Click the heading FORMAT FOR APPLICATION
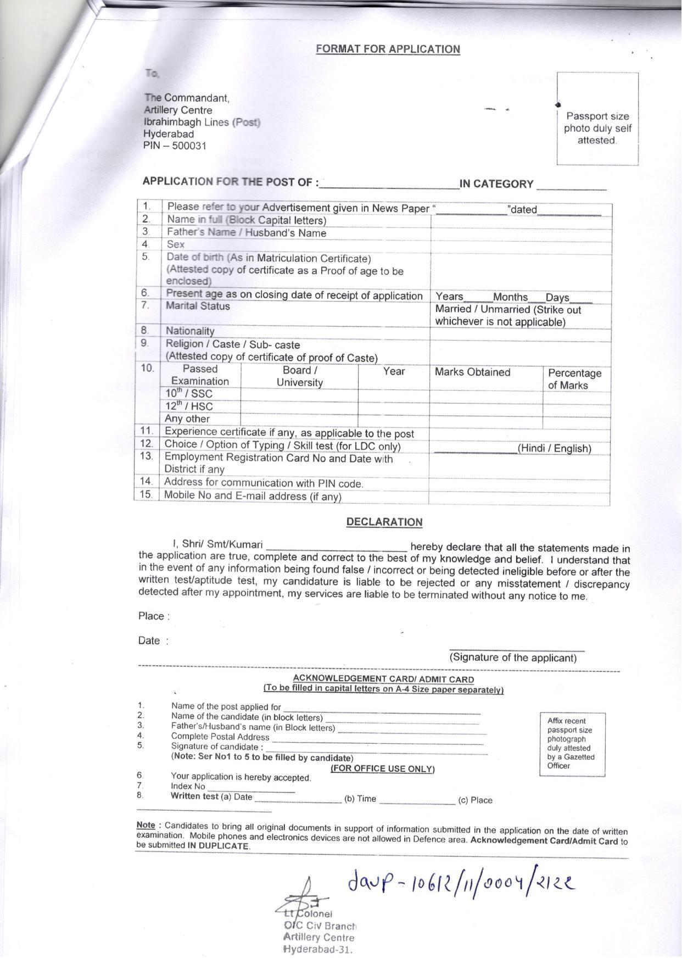pyautogui.click(x=388, y=49)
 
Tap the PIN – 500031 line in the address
pyautogui.click(x=175, y=146)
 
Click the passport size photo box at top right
pyautogui.click(x=597, y=119)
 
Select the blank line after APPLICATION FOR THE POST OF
pyautogui.click(x=389, y=184)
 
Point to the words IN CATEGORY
pyautogui.click(x=496, y=184)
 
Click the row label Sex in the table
pyautogui.click(x=176, y=244)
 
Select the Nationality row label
pyautogui.click(x=190, y=331)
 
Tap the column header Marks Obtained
pyautogui.click(x=472, y=372)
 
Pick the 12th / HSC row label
pyautogui.click(x=189, y=406)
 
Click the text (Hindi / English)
pyautogui.click(x=555, y=448)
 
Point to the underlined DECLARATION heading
pyautogui.click(x=384, y=522)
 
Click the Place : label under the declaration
pyautogui.click(x=154, y=616)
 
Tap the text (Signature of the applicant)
pyautogui.click(x=513, y=657)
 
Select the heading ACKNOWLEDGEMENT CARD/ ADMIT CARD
pyautogui.click(x=383, y=679)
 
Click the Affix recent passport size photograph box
pyautogui.click(x=572, y=744)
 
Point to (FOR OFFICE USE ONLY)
pyautogui.click(x=382, y=769)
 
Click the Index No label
pyautogui.click(x=188, y=787)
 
